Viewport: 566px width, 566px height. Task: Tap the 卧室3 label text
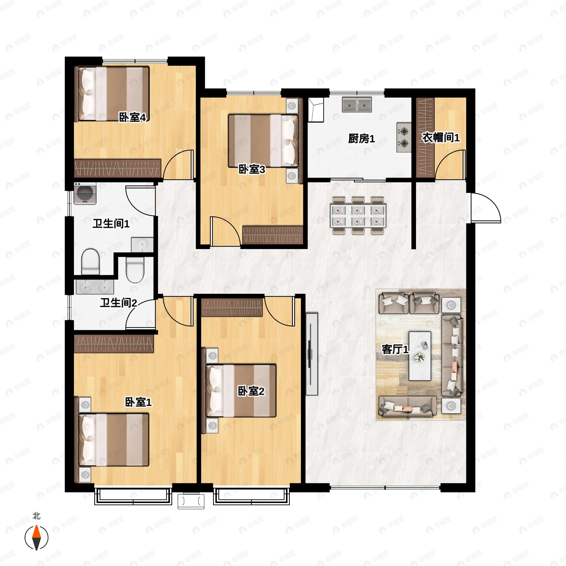(252, 169)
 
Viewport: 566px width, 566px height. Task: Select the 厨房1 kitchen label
(362, 139)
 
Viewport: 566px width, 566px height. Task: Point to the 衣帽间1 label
(441, 137)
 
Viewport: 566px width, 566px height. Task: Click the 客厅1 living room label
(395, 349)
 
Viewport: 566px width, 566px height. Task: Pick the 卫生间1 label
(111, 224)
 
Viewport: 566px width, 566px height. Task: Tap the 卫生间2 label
(119, 303)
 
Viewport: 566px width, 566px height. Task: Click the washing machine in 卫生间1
(85, 193)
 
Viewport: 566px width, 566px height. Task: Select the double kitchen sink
(357, 104)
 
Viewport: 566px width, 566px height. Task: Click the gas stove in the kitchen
(404, 137)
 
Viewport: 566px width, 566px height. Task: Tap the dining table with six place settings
(358, 215)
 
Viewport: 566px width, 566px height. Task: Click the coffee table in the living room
(420, 356)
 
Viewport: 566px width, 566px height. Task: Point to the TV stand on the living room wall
(312, 354)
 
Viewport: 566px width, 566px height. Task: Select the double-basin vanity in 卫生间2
(95, 287)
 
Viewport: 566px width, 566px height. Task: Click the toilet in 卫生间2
(135, 270)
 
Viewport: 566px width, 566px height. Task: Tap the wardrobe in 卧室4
(118, 168)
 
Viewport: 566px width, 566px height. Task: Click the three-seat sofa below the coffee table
(408, 406)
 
